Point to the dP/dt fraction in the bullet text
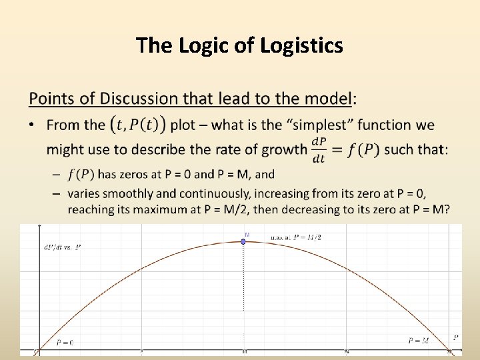click(319, 149)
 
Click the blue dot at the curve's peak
click(243, 241)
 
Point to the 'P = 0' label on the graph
click(65, 342)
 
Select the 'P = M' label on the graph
click(419, 341)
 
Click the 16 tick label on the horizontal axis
click(245, 352)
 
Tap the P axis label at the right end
click(456, 337)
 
